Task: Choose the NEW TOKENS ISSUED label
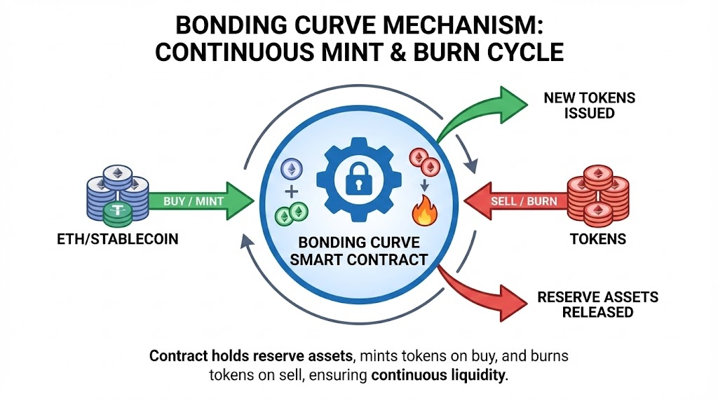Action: (589, 105)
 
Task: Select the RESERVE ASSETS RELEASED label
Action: (597, 304)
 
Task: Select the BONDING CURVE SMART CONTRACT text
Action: (358, 251)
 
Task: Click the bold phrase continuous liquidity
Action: (438, 375)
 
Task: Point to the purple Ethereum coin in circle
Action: (290, 169)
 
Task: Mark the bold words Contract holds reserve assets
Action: (232, 356)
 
